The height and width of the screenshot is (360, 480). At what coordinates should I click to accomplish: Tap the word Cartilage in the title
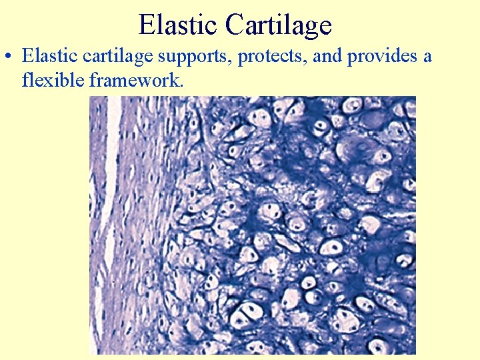click(278, 25)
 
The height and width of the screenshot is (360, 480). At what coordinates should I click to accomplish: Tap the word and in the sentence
click(327, 56)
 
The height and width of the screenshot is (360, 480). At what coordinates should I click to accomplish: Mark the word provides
click(382, 57)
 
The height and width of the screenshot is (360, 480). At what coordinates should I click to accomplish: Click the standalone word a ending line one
click(427, 58)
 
